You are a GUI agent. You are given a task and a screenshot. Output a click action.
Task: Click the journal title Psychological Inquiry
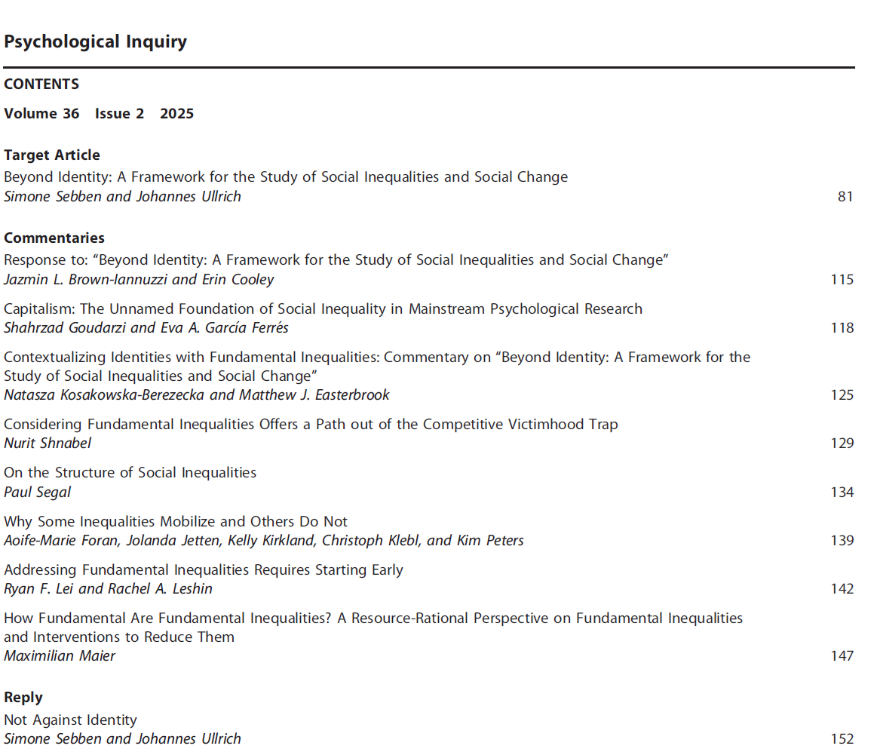coord(95,41)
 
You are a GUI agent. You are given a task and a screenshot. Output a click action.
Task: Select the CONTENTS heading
coord(41,84)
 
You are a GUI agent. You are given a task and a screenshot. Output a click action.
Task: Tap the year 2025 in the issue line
coord(176,114)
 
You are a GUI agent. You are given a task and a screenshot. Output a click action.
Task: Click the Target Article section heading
coord(52,155)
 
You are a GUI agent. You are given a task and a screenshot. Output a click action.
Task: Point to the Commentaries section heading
coord(54,238)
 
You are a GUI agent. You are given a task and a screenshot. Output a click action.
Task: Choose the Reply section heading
coord(23,698)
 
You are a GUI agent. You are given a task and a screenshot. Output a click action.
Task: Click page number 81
coord(845,197)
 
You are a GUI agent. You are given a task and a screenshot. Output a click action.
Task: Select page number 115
coord(842,280)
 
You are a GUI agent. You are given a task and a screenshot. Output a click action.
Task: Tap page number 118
coord(842,328)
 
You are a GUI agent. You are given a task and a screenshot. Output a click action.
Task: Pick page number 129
coord(842,443)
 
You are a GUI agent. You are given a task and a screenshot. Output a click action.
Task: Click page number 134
coord(842,493)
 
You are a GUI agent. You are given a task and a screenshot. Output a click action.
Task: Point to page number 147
coord(842,656)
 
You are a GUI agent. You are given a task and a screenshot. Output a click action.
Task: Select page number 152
coord(842,739)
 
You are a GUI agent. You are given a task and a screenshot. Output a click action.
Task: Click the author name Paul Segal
coord(38,493)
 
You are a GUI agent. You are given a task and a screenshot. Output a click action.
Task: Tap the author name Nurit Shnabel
coord(48,443)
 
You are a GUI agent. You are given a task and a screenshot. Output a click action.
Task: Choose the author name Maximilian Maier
coord(60,656)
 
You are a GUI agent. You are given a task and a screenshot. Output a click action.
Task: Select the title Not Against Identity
coord(70,720)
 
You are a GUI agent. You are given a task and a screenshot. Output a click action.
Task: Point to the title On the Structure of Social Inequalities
coord(130,473)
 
